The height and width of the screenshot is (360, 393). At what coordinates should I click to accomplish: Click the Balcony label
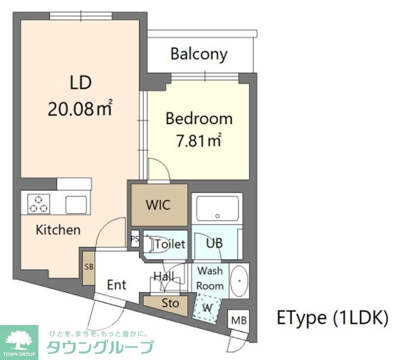(x=199, y=54)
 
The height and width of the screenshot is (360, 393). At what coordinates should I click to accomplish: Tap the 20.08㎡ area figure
(x=80, y=109)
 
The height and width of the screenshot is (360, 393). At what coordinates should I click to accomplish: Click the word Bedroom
(x=198, y=119)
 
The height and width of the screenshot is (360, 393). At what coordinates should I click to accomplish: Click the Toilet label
(x=170, y=243)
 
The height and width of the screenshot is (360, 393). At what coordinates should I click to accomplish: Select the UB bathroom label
(x=214, y=243)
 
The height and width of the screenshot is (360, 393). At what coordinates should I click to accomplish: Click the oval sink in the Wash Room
(x=238, y=281)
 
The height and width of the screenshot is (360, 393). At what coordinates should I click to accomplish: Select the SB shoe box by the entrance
(x=88, y=268)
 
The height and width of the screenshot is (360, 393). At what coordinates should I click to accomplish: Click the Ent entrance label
(x=117, y=284)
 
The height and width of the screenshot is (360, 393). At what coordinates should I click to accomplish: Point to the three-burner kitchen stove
(x=38, y=203)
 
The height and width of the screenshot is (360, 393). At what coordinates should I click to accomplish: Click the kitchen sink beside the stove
(x=76, y=203)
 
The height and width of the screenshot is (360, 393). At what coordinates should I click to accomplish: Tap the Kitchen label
(x=58, y=230)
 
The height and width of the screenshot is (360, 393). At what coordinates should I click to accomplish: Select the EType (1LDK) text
(x=333, y=318)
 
